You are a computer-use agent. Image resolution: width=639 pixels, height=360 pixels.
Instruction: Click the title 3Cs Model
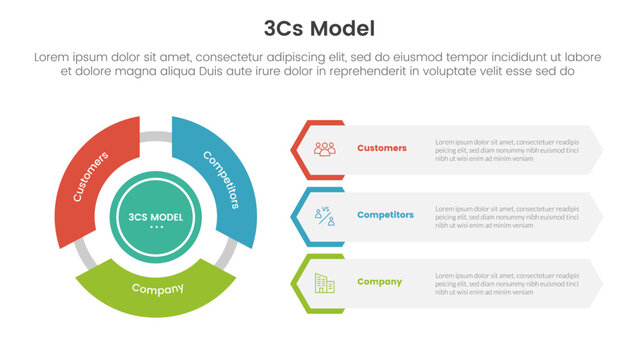click(319, 26)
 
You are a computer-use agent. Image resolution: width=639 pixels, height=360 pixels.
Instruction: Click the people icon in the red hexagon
click(324, 148)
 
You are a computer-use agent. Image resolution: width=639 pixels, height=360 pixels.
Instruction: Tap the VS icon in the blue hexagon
click(324, 215)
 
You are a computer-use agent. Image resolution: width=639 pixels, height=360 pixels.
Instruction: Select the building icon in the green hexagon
click(324, 282)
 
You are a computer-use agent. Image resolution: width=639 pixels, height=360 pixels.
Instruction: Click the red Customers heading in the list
click(382, 148)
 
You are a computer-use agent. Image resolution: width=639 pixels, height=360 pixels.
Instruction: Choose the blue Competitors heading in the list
click(385, 215)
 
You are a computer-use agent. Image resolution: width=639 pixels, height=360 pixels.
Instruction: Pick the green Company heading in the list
click(379, 282)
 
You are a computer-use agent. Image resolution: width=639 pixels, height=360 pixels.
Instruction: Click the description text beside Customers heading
click(507, 149)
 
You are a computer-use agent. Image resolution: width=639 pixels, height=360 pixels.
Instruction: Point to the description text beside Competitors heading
click(507, 216)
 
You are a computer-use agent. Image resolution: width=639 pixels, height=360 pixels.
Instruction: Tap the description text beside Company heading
click(507, 283)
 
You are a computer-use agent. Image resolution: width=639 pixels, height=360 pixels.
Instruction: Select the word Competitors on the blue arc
click(221, 178)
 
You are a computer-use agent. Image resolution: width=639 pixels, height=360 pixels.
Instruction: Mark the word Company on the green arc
click(158, 290)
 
